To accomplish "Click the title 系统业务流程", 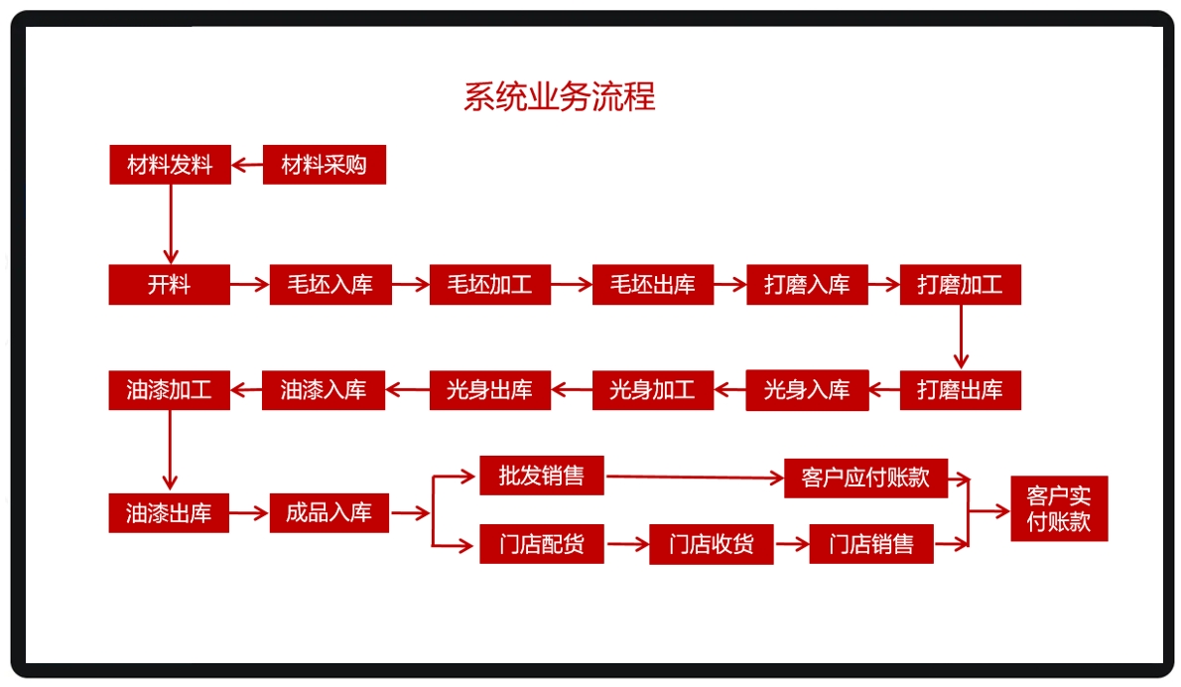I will pos(559,97).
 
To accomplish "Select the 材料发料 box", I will pos(170,165).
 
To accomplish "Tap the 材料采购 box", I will pos(324,165).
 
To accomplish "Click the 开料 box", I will pos(169,285).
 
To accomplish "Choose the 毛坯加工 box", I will pos(489,285).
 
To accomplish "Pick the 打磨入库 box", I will pos(807,285).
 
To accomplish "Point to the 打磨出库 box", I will pos(960,390).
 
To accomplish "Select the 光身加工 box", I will pos(652,390).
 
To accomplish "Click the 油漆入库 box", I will pos(323,390).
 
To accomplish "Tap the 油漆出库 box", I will pos(169,513).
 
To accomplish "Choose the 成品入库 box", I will pos(328,513).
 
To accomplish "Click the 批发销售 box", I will pos(541,476).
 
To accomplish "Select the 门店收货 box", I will pos(711,544).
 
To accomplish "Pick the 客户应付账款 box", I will pos(865,478).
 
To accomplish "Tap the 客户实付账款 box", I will pos(1058,509).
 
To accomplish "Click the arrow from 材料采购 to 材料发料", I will pos(247,165).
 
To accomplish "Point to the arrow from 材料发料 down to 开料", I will pos(170,223).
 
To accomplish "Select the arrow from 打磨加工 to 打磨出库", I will pos(960,338).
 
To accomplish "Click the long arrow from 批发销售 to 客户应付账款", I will pos(695,478).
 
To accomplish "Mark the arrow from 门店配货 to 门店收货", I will pos(626,544).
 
